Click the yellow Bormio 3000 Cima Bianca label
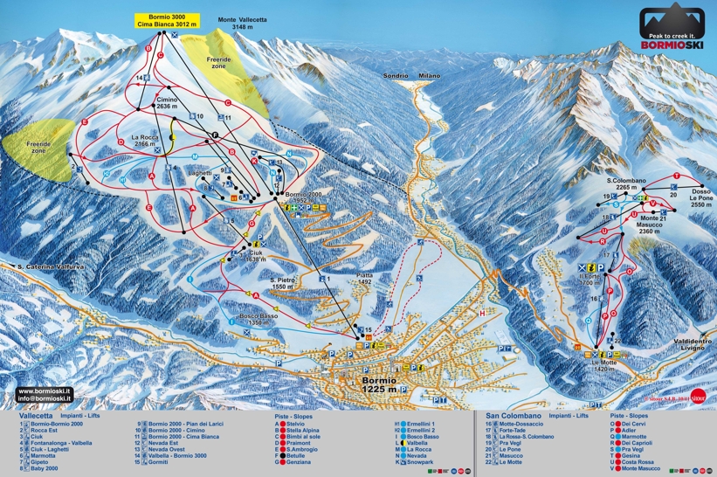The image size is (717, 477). point(165,22)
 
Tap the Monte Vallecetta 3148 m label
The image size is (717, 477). point(243,24)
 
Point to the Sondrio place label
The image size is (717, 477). point(395,76)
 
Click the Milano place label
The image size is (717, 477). point(429,76)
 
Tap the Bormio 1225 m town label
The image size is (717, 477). point(383,385)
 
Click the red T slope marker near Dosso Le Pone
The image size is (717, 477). point(676,176)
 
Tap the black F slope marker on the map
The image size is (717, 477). point(213,134)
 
